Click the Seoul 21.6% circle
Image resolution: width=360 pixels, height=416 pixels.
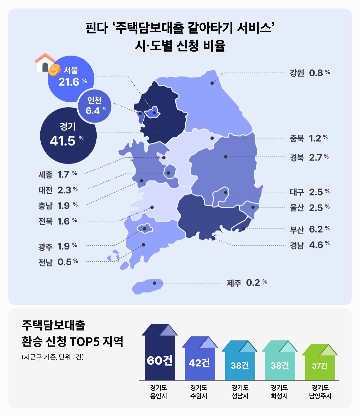coord(71,79)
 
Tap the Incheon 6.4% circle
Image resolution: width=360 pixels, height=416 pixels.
coord(95,106)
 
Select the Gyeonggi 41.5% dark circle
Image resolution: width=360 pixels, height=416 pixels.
coord(68,135)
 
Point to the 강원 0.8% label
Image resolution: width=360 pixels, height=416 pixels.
coord(310,73)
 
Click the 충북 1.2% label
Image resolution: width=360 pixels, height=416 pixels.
coord(309,138)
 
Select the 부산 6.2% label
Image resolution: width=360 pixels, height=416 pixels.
coord(310,229)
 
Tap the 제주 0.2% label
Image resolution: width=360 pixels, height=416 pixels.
coord(247,283)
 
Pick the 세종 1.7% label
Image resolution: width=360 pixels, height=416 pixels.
coord(58,175)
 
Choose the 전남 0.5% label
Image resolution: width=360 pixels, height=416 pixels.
coord(58,262)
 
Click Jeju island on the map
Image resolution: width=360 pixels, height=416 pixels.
coord(148,286)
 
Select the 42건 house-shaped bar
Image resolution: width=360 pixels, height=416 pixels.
coord(199,360)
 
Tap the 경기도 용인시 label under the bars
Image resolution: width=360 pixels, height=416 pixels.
coord(158,392)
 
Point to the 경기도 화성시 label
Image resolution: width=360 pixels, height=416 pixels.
coord(279,392)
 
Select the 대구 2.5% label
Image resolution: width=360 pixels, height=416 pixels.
coord(310,192)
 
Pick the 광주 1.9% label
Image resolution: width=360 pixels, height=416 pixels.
coord(58,246)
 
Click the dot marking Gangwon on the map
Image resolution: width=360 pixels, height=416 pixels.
coord(212,83)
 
